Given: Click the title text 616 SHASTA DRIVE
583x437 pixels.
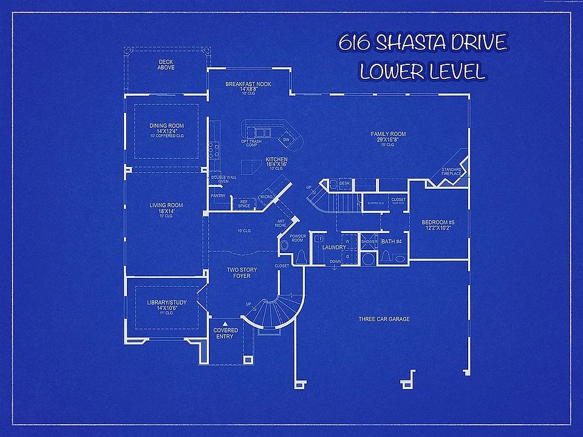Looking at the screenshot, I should (423, 44).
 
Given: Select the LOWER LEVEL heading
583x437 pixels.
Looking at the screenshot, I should (423, 72).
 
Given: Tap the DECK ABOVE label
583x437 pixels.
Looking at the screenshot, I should (166, 64).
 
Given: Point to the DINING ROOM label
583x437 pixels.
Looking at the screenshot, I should (166, 126).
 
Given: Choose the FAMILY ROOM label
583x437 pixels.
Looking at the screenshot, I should (389, 134).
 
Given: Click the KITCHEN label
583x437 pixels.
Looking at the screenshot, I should (276, 160).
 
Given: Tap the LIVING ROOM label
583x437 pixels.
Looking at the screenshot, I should (166, 205).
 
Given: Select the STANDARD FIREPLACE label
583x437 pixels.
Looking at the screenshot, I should (452, 172).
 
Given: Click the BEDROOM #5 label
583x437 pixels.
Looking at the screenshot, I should (438, 223).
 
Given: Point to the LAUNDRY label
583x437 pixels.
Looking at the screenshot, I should (333, 247).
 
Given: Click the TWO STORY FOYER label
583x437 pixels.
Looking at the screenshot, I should (239, 273).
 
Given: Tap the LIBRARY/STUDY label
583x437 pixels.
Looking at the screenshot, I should (166, 302).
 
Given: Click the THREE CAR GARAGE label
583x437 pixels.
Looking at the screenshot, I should (384, 319).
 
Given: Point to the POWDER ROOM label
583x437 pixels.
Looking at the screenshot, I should (298, 238).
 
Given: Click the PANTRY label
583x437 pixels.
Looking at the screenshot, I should (217, 196).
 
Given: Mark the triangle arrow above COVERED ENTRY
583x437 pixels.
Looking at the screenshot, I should (225, 324).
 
